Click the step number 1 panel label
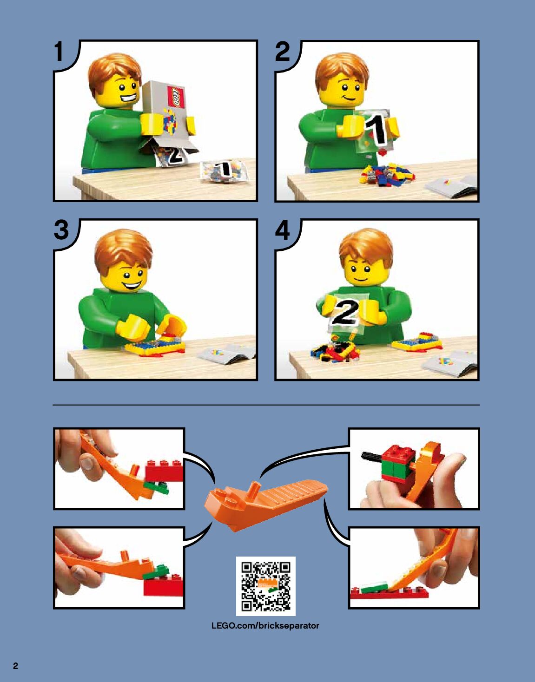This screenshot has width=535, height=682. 59,52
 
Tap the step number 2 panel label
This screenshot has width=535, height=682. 282,52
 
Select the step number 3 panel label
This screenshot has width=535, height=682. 61,230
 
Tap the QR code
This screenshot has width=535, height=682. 265,586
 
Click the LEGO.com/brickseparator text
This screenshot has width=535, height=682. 265,626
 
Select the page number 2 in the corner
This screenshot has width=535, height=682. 15,666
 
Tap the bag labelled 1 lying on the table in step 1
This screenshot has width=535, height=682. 224,172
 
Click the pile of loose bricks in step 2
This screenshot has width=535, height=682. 386,174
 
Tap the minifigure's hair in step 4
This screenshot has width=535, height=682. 366,249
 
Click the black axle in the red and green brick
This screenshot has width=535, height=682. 371,456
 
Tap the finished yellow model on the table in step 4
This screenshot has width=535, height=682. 417,342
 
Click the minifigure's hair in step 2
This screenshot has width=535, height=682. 342,71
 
